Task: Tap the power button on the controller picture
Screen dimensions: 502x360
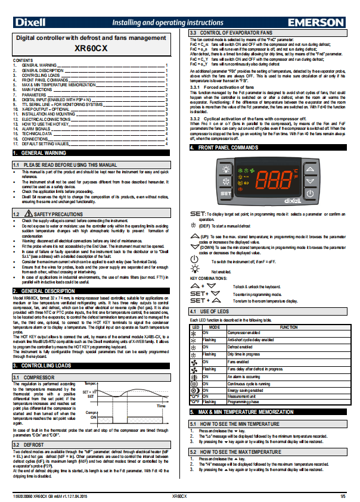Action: click(310, 193)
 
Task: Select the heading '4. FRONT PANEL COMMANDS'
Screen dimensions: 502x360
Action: click(232, 146)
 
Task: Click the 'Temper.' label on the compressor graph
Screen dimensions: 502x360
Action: click(91, 383)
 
